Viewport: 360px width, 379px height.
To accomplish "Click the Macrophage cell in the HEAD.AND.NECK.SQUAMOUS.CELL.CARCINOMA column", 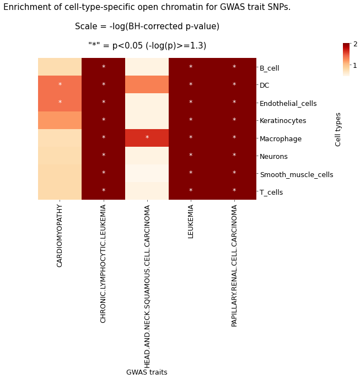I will point(147,138).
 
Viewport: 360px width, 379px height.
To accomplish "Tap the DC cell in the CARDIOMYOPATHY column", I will point(60,85).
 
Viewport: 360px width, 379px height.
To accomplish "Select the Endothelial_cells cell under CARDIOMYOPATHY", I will point(60,103).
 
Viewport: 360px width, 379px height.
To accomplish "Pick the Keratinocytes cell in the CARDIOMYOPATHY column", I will point(60,120).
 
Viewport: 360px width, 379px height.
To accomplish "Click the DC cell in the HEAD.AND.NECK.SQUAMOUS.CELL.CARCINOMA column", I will point(147,85).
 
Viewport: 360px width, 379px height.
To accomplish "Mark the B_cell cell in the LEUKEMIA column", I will point(191,67).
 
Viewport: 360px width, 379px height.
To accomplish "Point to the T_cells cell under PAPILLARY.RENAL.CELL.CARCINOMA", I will point(234,191).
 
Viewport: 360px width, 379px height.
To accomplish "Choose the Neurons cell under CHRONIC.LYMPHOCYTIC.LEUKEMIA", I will point(104,156).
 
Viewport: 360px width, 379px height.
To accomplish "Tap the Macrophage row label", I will point(281,139).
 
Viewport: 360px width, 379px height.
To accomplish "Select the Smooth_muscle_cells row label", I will point(296,174).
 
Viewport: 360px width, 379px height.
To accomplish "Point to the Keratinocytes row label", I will point(283,121).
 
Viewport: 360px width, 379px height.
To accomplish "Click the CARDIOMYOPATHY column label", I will point(60,236).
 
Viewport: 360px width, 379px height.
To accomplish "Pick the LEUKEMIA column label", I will point(191,222).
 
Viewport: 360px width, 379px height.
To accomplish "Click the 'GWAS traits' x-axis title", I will point(147,372).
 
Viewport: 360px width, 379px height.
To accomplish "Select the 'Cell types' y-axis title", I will point(338,129).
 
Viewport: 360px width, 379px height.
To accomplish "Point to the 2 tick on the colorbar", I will point(355,44).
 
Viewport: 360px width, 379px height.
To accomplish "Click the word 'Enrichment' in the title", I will point(25,7).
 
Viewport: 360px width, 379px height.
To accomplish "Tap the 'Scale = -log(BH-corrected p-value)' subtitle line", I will point(147,26).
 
